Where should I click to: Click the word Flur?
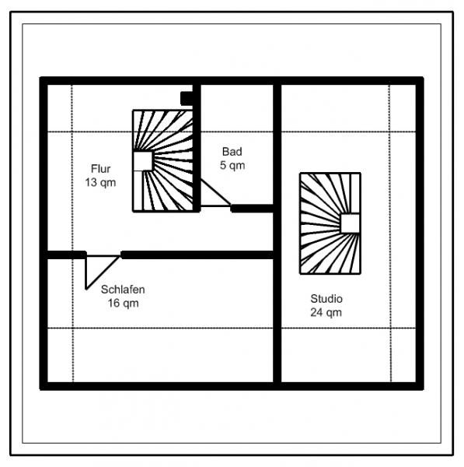coord(100,169)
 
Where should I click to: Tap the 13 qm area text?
coord(100,183)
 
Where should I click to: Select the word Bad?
coord(232,152)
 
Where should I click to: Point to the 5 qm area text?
coord(232,165)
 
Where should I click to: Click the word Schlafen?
coord(123,290)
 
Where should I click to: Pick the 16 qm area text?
coord(123,304)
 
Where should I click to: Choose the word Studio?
coord(326,299)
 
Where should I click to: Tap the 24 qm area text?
coord(326,312)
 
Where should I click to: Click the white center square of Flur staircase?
coord(143,161)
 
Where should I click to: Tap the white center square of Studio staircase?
coord(350,223)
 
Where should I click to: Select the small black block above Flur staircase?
coord(187,98)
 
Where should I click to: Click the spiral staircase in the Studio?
coord(330,223)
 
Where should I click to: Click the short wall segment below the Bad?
coord(252,209)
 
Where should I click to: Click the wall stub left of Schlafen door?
coord(67,255)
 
